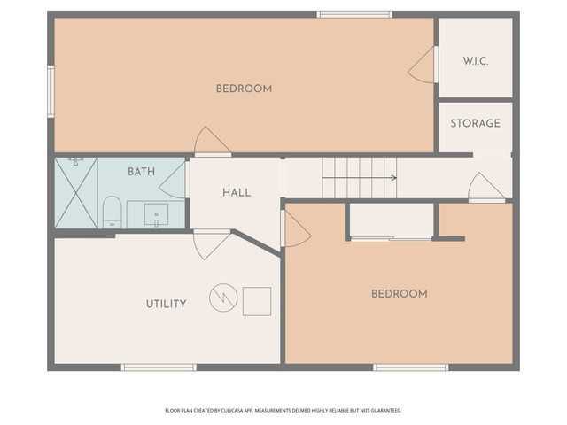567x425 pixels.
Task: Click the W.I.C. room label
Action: pos(476,61)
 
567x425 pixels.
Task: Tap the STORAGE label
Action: pos(475,123)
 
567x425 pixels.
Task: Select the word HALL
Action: pos(237,193)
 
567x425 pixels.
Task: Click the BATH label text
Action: pos(141,171)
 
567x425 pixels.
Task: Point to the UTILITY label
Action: pos(166,304)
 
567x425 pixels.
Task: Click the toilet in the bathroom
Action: pos(113,212)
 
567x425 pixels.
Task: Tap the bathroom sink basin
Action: pos(156,214)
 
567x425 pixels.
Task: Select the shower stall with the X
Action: pos(76,193)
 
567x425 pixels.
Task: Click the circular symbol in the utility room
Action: pos(223,297)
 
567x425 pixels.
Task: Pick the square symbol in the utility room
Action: pos(257,301)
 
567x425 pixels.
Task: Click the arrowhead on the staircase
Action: pos(393,178)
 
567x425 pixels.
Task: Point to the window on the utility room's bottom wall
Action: pos(159,367)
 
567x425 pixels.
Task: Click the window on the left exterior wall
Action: pos(51,92)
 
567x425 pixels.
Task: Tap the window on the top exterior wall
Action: pos(354,14)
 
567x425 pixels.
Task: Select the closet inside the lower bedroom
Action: pos(392,221)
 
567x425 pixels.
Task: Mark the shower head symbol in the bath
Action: pos(75,161)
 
